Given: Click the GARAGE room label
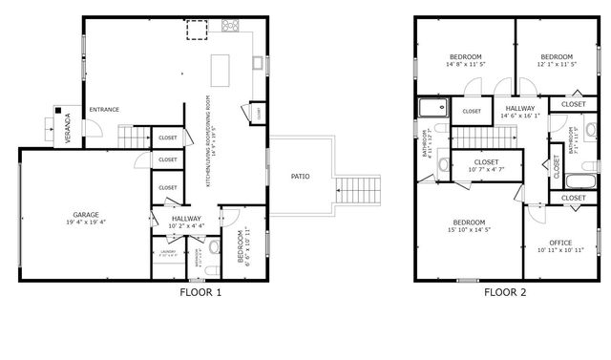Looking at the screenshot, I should [x=86, y=214].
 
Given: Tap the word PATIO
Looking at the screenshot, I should [x=301, y=177].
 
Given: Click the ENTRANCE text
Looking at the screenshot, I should [x=104, y=110].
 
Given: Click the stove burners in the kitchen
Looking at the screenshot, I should [x=231, y=26].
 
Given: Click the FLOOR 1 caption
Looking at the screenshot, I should [x=200, y=293].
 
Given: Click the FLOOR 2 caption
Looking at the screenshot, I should [x=504, y=293].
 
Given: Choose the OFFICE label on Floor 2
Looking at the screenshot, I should [x=560, y=243].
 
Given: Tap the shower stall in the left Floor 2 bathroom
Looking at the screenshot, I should [x=432, y=109].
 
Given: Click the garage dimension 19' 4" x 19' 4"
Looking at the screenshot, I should [x=86, y=222].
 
